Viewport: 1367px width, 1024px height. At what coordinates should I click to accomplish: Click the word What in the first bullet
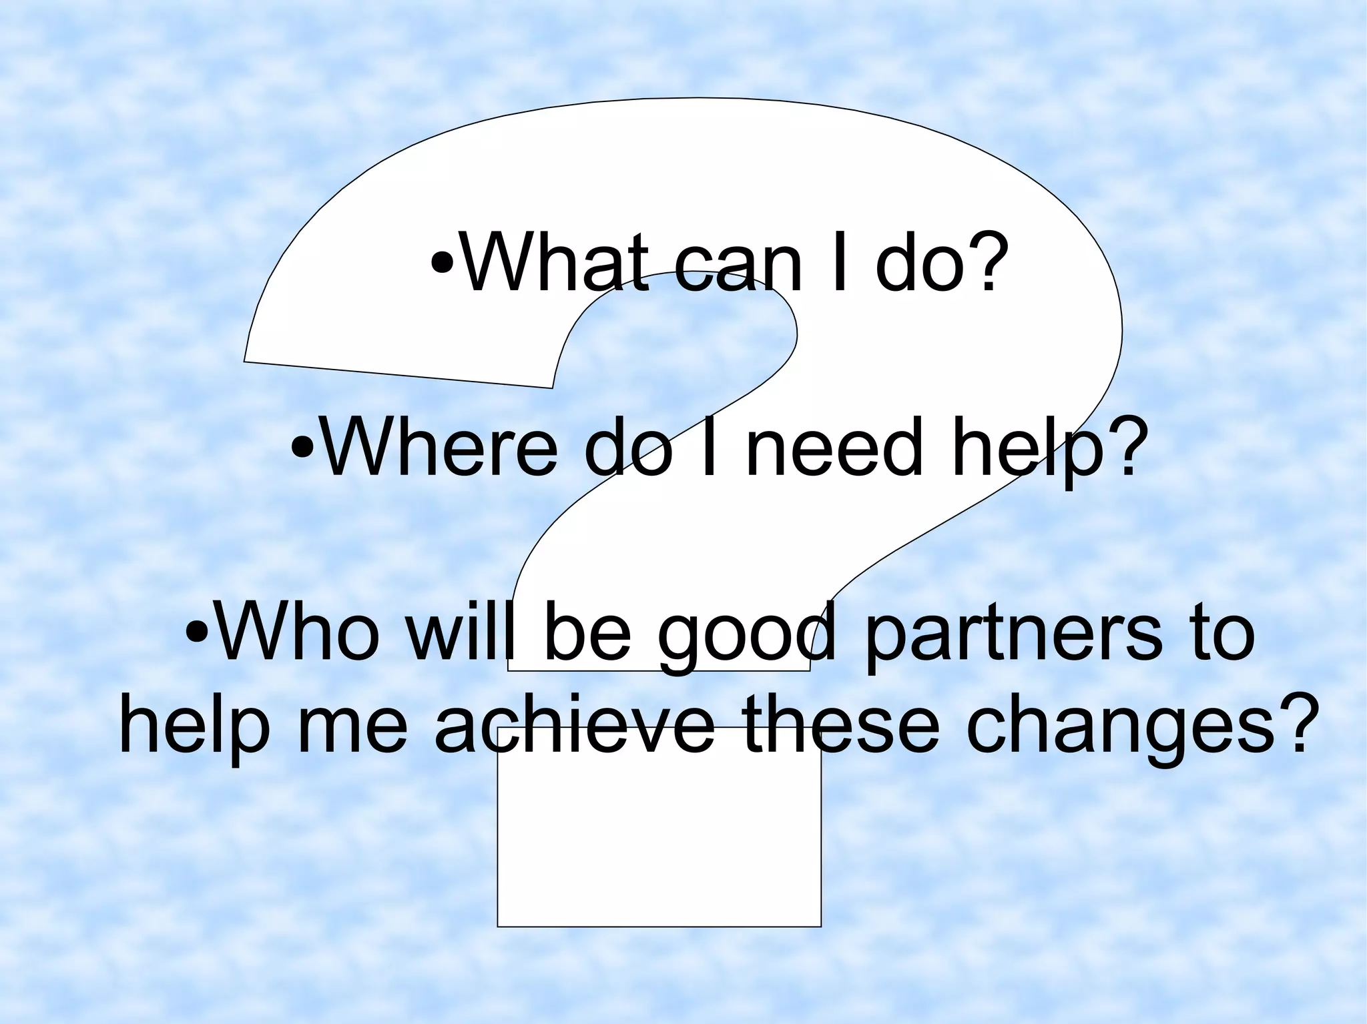point(555,263)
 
